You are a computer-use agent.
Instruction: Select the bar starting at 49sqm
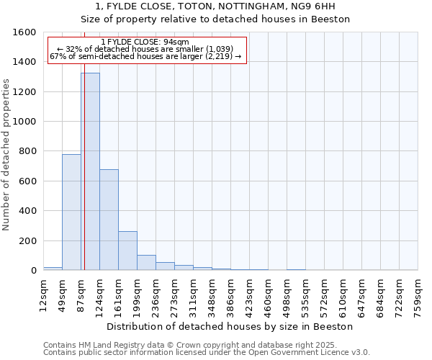71,212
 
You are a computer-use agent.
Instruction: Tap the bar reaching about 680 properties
109,220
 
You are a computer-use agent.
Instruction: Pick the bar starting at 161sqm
127,251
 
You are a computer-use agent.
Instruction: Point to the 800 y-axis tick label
28,152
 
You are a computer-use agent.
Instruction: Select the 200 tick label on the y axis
28,241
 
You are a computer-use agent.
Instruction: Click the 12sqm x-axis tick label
43,293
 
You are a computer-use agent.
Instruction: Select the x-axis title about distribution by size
230,326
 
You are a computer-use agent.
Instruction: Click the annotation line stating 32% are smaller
145,49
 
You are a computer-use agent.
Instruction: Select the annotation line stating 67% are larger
145,56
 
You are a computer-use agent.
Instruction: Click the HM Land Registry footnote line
196,345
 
